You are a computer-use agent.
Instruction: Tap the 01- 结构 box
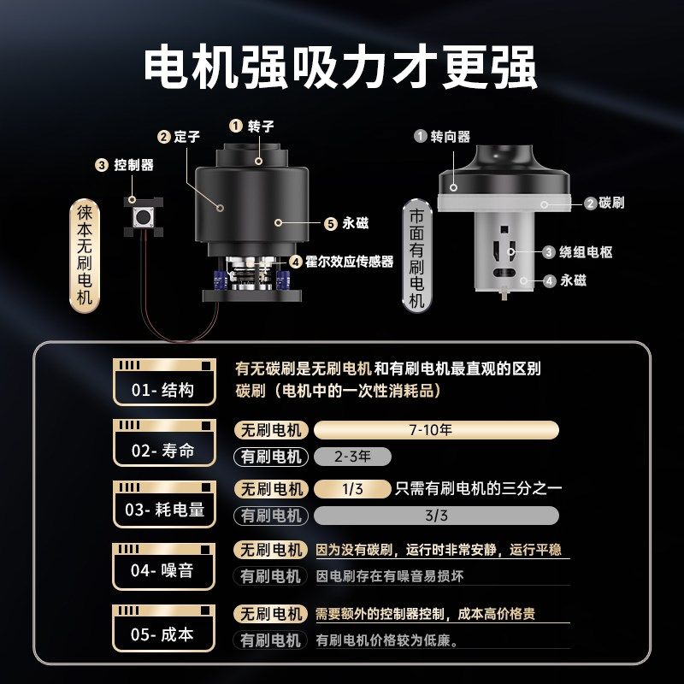point(162,382)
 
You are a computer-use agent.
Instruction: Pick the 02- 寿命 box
point(162,443)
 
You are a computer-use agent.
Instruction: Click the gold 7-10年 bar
point(436,430)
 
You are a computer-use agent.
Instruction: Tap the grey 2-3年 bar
point(352,457)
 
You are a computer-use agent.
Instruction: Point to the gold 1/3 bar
point(351,489)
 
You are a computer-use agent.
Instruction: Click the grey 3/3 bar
point(436,516)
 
